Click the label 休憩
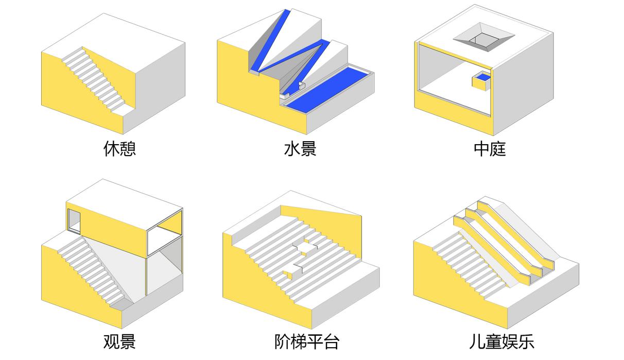(119, 149)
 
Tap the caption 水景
(300, 149)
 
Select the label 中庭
(490, 149)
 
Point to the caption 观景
(119, 341)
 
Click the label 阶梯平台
(307, 341)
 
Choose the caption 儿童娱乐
(501, 341)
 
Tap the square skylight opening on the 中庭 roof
(483, 38)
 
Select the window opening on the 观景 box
(74, 222)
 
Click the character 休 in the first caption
(111, 149)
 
